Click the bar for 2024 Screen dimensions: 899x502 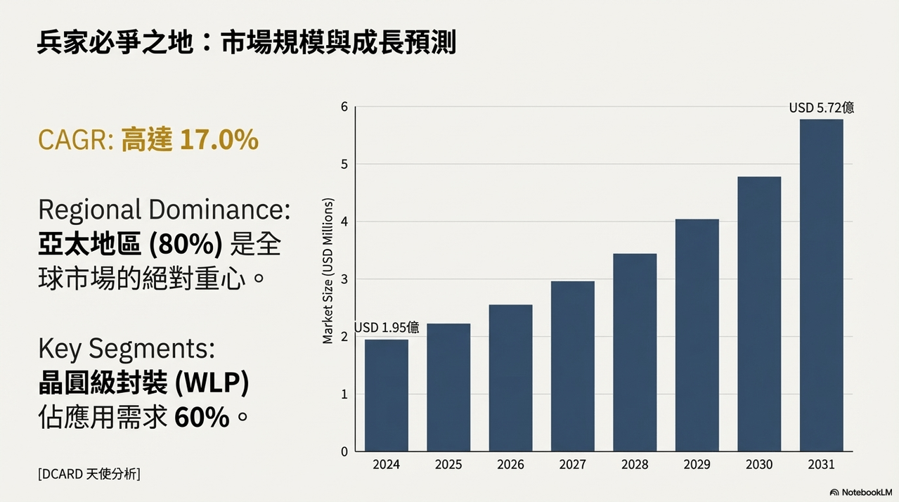[x=387, y=396]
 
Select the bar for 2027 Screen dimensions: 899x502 [x=573, y=366]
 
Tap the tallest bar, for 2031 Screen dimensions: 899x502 [x=821, y=285]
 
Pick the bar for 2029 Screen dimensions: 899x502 [x=697, y=335]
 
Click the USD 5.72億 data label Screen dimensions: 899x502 [x=822, y=108]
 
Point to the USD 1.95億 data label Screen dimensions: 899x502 [x=387, y=328]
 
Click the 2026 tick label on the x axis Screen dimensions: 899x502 [x=510, y=465]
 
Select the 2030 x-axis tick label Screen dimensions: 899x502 [x=759, y=465]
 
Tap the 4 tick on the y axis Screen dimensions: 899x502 [x=344, y=221]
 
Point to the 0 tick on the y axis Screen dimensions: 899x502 [x=344, y=452]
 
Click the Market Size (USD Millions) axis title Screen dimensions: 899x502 [x=328, y=271]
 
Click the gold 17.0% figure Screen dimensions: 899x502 [x=219, y=140]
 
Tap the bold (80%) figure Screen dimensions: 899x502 [x=186, y=244]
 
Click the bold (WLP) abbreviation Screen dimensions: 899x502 [x=212, y=382]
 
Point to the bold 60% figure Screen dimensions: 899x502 [x=202, y=417]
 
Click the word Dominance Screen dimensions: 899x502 [x=219, y=210]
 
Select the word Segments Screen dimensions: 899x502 [x=151, y=349]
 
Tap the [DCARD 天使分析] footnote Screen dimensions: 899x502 [x=89, y=474]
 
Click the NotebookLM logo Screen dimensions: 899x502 [x=861, y=492]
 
